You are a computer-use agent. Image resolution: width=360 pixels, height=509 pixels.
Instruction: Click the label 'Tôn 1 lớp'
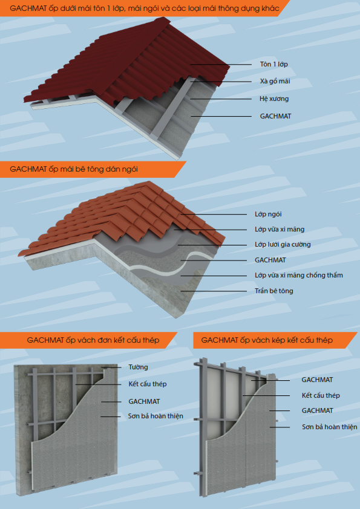coord(274,64)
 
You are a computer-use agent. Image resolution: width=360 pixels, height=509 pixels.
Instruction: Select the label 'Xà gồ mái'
coord(275,81)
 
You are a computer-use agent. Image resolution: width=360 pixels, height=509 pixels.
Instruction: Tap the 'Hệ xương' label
coord(274,99)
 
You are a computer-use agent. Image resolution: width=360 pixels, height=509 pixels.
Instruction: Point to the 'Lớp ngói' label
coord(268,214)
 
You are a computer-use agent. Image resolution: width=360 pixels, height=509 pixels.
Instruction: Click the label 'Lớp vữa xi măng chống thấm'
coord(299,275)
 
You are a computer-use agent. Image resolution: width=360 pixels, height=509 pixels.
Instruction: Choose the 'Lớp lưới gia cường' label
coord(283,244)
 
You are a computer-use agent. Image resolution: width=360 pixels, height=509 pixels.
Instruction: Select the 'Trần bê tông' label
coord(274,291)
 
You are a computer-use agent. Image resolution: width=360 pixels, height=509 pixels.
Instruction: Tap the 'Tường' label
coord(138,367)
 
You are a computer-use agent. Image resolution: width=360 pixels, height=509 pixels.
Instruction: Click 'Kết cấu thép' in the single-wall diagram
coord(148,384)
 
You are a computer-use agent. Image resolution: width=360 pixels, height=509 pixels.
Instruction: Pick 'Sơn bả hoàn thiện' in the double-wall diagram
coord(330,427)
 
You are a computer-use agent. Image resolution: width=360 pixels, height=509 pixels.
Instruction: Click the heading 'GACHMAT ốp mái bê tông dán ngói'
coord(74,169)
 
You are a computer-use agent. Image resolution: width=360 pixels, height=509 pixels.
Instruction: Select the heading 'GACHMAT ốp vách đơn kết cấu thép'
coord(93,340)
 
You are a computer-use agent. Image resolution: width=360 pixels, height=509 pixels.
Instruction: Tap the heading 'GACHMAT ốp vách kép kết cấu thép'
coord(267,340)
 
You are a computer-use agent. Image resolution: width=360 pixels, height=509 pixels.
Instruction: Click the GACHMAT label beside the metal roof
coord(275,116)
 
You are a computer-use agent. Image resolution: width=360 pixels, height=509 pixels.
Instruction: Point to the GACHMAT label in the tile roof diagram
coord(270,260)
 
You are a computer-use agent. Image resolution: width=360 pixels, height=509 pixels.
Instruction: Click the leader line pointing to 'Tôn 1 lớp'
coord(221,64)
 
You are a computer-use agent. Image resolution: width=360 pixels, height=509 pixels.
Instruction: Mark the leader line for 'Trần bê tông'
coord(214,291)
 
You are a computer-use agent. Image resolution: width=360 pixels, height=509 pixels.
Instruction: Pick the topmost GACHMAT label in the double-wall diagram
coord(317,380)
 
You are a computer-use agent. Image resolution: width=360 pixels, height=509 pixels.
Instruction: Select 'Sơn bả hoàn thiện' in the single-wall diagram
coord(155,416)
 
